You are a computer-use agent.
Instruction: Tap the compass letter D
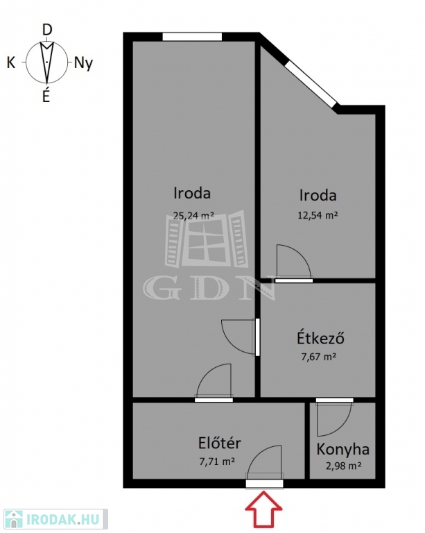[47, 29]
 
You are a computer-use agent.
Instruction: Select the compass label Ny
[83, 63]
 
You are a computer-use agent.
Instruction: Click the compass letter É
[46, 97]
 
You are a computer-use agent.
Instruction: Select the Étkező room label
[320, 339]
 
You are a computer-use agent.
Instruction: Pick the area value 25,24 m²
[193, 215]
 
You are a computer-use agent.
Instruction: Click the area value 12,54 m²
[318, 215]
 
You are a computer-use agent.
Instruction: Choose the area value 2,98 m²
[343, 466]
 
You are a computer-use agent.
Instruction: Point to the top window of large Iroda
[192, 37]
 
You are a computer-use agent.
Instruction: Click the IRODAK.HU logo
[55, 518]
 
